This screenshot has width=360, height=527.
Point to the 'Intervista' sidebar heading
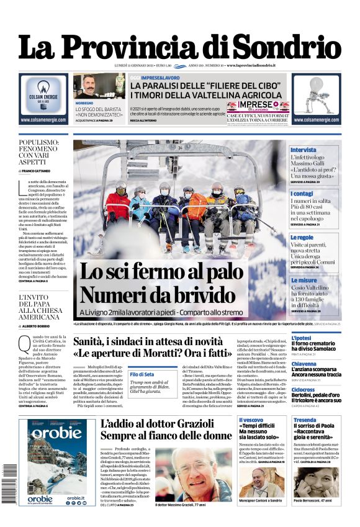coord(304,150)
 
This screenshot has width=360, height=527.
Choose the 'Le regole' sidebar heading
coord(302,237)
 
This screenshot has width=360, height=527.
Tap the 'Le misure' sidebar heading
coord(304,280)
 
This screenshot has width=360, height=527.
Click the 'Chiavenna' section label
coord(304,364)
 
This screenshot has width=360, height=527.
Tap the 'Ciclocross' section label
coord(304,390)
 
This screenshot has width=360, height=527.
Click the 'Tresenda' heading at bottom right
coord(305,420)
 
